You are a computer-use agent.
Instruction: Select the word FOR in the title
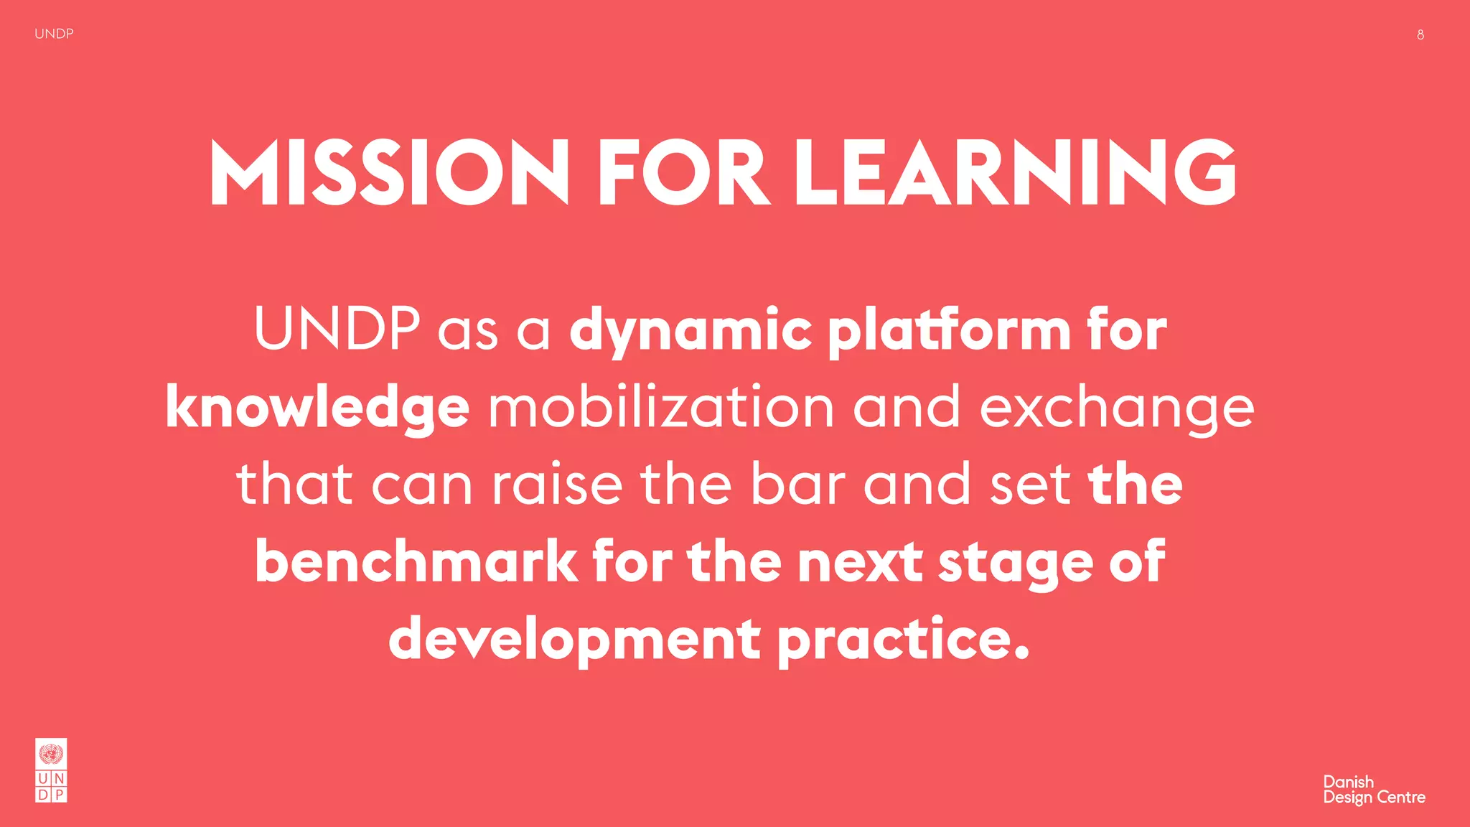click(x=683, y=173)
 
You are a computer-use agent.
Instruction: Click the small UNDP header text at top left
click(x=54, y=34)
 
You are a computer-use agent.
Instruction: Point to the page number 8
click(x=1420, y=34)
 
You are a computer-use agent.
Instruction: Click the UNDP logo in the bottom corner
click(x=51, y=770)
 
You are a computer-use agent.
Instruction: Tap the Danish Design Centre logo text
click(x=1374, y=790)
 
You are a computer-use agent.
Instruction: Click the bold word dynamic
click(x=690, y=331)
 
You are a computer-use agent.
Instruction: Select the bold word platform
click(x=949, y=331)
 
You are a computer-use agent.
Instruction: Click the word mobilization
click(x=661, y=407)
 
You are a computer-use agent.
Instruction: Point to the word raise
click(x=557, y=485)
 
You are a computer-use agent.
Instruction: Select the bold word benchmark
click(x=416, y=561)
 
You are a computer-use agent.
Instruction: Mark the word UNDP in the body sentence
click(x=337, y=330)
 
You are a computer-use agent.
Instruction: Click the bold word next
click(x=860, y=562)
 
